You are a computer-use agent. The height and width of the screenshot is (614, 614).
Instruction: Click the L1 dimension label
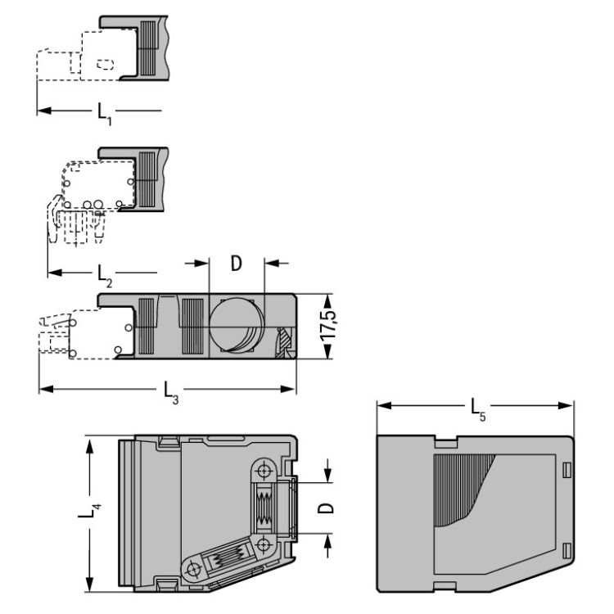[x=104, y=114]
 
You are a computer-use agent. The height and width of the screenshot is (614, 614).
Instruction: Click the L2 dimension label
[x=105, y=276]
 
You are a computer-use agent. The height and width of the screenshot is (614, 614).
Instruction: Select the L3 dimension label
[x=171, y=393]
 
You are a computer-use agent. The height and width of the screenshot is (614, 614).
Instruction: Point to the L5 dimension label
[x=478, y=410]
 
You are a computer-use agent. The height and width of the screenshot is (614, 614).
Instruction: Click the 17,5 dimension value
[x=328, y=326]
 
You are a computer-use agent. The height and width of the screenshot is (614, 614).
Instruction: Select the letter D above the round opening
[x=236, y=264]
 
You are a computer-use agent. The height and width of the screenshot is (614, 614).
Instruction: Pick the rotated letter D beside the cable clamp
[x=326, y=508]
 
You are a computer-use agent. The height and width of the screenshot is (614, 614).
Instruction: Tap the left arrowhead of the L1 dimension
[x=44, y=111]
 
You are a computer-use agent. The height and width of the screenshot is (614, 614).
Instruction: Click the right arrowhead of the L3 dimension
[x=288, y=389]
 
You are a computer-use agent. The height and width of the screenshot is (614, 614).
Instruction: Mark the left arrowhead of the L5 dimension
[x=384, y=406]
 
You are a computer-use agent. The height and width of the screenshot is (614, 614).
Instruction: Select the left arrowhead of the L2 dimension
[x=55, y=272]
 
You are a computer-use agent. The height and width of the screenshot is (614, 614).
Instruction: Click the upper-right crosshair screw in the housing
[x=264, y=469]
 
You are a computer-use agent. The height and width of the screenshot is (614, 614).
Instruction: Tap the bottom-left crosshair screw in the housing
[x=193, y=569]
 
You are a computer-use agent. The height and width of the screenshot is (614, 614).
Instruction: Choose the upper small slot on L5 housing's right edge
[x=567, y=470]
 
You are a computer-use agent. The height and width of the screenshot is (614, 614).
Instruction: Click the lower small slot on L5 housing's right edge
[x=567, y=551]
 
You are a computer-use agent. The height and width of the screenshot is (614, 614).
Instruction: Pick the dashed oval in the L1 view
[x=106, y=65]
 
